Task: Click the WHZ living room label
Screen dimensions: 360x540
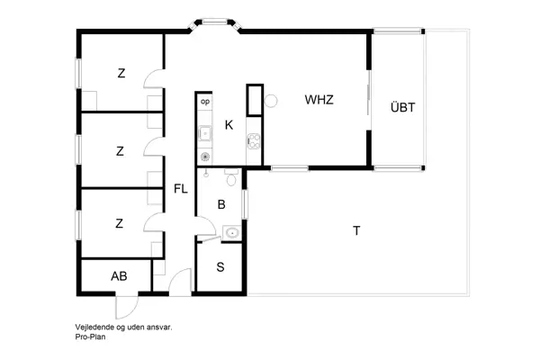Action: (319, 100)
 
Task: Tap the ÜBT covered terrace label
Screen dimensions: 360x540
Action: (402, 107)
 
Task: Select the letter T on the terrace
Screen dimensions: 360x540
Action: (356, 231)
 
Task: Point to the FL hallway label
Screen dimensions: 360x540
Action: (181, 189)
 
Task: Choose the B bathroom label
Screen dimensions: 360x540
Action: (221, 205)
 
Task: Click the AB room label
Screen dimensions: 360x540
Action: (119, 276)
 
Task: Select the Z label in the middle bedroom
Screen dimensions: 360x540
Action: (120, 151)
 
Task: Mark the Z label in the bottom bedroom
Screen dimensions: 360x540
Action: (120, 223)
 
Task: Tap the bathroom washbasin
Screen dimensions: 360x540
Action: (232, 233)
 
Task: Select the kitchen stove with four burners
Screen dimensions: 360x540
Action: (253, 140)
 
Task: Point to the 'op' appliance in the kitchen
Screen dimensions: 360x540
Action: (204, 102)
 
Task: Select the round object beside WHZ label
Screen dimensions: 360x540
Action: (268, 102)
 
